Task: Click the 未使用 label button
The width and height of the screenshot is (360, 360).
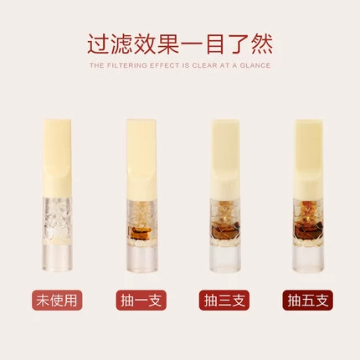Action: tap(57, 301)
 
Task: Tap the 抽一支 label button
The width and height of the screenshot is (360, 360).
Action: tap(141, 301)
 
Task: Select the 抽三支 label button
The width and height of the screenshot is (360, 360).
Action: tap(224, 301)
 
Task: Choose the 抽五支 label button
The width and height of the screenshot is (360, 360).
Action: tap(307, 301)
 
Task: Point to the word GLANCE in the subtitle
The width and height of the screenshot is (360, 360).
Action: tap(255, 65)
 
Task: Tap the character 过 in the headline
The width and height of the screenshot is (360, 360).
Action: tap(98, 44)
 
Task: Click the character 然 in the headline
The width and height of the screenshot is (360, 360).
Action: tap(262, 44)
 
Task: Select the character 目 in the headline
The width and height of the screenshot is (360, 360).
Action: tap(215, 44)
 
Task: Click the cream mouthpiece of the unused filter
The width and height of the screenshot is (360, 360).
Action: tap(57, 158)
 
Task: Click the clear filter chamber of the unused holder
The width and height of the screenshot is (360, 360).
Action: tap(57, 220)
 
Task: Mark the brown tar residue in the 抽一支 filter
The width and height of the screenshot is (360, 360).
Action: tap(140, 233)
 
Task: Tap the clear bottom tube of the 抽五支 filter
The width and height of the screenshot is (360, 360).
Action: tap(308, 258)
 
